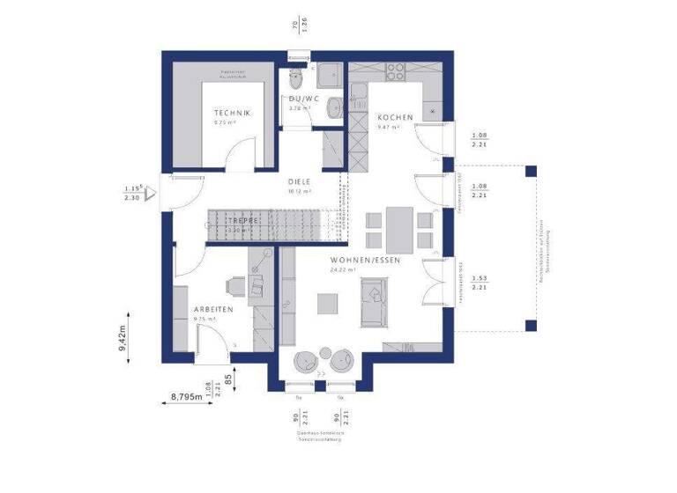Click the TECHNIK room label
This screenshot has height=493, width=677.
click(232, 114)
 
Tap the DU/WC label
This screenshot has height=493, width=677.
click(303, 99)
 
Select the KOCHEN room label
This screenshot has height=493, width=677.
click(395, 117)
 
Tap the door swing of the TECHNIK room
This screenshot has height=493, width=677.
click(236, 157)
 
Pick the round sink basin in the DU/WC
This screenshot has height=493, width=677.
click(331, 107)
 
